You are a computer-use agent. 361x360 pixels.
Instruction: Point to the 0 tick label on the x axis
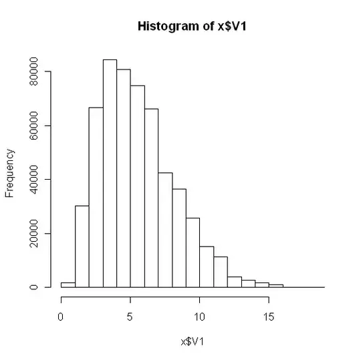pyautogui.click(x=62, y=315)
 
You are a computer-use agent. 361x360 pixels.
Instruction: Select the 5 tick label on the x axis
pyautogui.click(x=130, y=315)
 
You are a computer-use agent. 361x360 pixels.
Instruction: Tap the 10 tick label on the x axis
pyautogui.click(x=199, y=315)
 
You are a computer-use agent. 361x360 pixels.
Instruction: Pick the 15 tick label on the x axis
pyautogui.click(x=268, y=315)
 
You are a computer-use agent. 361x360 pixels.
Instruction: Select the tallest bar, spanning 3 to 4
pyautogui.click(x=110, y=174)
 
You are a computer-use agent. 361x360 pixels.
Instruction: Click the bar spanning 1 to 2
pyautogui.click(x=82, y=246)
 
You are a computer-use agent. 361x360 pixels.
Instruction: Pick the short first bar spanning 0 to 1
pyautogui.click(x=68, y=285)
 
